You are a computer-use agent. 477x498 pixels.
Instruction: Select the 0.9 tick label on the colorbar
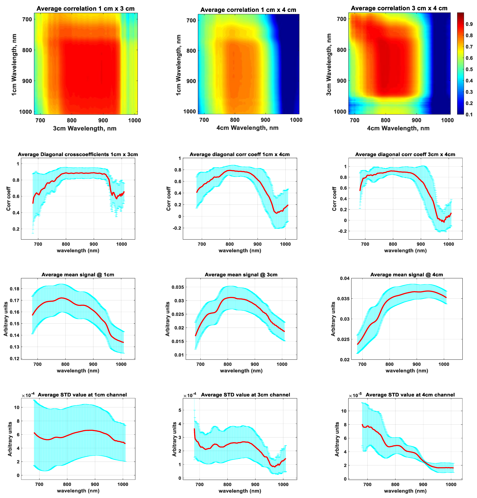click(469, 24)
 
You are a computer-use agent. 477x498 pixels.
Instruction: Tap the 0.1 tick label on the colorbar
click(469, 115)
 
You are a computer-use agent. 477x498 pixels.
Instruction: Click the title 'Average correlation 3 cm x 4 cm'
click(399, 8)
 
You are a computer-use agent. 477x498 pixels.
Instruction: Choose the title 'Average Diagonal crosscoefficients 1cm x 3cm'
click(78, 155)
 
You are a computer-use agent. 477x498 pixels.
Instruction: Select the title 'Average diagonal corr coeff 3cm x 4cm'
click(405, 155)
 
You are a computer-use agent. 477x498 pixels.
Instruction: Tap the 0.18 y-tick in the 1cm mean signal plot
click(15, 289)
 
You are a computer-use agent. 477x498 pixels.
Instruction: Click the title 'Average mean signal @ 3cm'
click(241, 275)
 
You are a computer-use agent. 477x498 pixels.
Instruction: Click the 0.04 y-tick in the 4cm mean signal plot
click(345, 278)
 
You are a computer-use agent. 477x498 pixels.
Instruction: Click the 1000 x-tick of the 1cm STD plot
click(123, 484)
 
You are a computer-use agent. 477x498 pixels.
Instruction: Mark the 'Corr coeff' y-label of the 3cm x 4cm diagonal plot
click(334, 199)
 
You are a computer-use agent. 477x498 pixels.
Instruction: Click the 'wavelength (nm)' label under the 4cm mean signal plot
click(407, 371)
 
